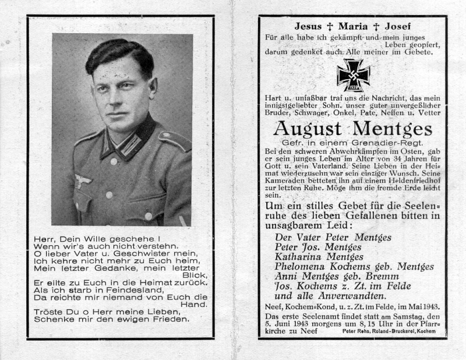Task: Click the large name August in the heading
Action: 309,128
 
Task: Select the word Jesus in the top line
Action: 309,26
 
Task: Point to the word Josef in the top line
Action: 397,26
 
